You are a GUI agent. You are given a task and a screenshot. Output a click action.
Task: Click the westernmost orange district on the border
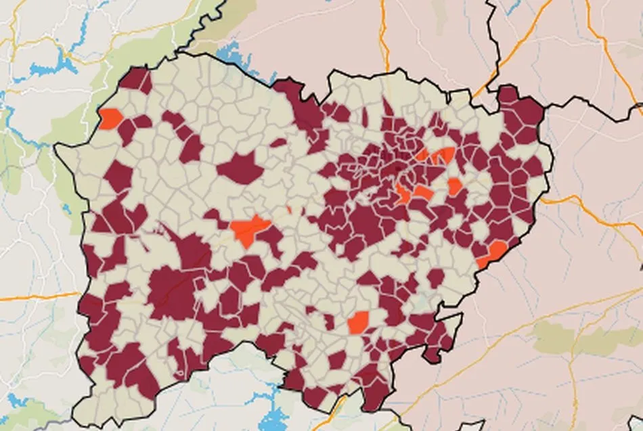pyautogui.click(x=110, y=118)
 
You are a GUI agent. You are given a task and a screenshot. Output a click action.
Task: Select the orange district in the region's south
pyautogui.click(x=359, y=322)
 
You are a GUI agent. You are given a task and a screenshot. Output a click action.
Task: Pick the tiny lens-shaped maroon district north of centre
pyautogui.click(x=278, y=143)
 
